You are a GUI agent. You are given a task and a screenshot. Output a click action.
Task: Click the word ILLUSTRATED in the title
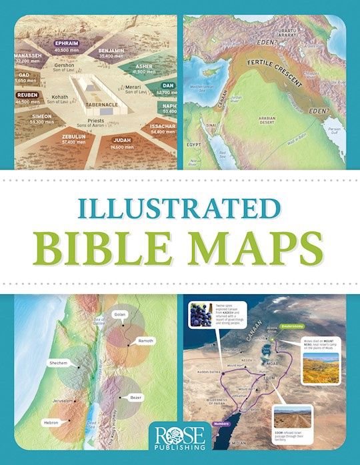point(179,206)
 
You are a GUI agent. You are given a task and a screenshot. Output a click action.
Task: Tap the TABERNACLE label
point(101,105)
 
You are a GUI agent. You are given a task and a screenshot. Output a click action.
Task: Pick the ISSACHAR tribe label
point(163,125)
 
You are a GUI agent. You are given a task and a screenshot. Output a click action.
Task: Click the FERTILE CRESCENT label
point(269,73)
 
